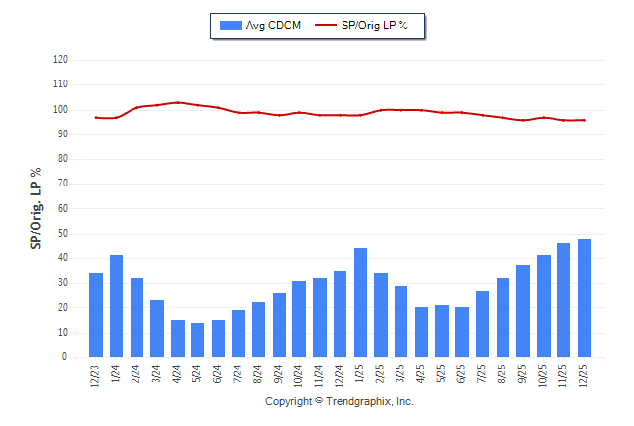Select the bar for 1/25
click(360, 303)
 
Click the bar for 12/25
click(584, 298)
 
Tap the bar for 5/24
click(197, 341)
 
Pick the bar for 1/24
click(116, 306)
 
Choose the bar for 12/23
click(96, 315)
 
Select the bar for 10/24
click(299, 319)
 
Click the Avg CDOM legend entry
click(262, 25)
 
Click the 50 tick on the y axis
click(63, 234)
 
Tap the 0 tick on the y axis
click(65, 357)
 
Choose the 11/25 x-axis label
click(564, 376)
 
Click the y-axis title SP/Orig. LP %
click(37, 208)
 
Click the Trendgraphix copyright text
click(340, 401)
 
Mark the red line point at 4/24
click(177, 102)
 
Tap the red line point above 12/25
click(584, 120)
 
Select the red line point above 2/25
click(381, 110)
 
